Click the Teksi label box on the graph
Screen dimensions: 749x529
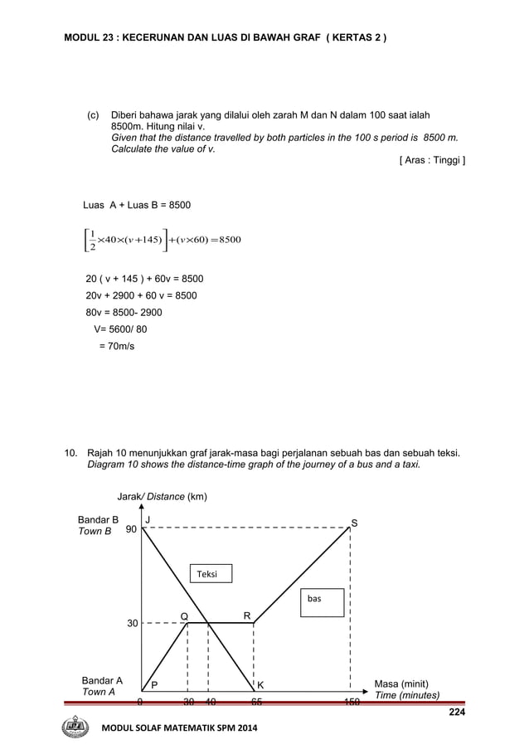(210, 573)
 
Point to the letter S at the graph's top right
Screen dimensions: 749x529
(354, 523)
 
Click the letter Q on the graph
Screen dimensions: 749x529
(184, 615)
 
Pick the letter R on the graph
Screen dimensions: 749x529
(246, 615)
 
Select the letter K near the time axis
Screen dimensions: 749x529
(260, 685)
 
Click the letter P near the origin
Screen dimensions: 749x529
(154, 685)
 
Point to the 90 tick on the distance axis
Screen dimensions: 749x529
(131, 529)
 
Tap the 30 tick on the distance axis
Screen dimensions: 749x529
(131, 623)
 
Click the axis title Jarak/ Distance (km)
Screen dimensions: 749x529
(162, 497)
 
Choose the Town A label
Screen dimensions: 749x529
(98, 692)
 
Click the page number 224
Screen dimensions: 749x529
(456, 712)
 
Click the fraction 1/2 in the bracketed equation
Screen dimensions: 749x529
(92, 240)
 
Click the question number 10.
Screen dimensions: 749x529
(71, 453)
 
